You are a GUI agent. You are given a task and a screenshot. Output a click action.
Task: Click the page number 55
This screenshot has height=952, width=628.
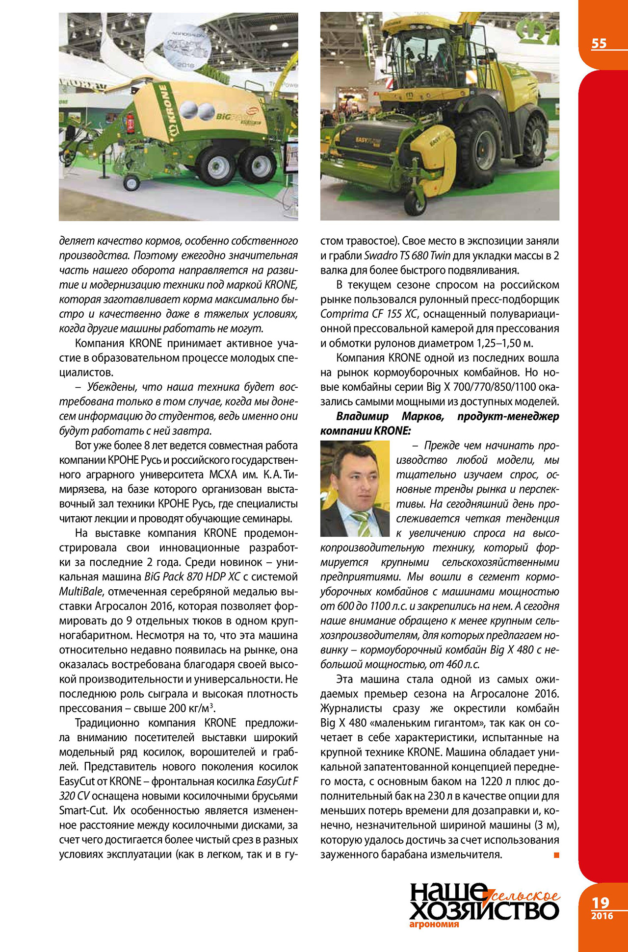(x=599, y=44)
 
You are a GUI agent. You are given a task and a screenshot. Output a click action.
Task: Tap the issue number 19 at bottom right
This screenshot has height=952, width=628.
(x=601, y=902)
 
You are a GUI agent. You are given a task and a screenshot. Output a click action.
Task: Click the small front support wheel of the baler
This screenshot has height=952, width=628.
(x=131, y=183)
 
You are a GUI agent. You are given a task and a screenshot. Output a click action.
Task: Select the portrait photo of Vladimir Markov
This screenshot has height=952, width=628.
(x=354, y=488)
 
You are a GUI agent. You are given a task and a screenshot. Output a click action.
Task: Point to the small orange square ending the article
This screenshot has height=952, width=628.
(x=556, y=855)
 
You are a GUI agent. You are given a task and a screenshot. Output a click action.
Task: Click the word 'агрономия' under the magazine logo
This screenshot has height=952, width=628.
(x=434, y=925)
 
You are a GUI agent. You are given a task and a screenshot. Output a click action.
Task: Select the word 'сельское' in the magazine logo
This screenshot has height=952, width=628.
(x=525, y=896)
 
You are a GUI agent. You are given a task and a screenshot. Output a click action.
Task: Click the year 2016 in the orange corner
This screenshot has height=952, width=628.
(x=602, y=916)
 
